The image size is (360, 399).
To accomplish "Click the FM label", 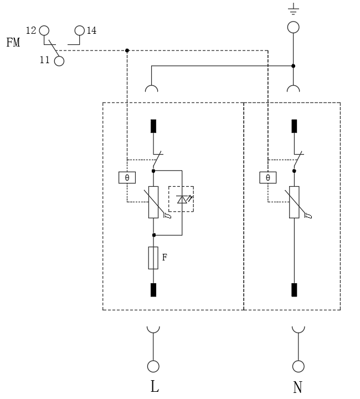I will tap(13, 43).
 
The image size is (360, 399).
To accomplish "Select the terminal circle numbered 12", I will tap(44, 30).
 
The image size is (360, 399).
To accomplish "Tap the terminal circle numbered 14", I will tap(80, 30).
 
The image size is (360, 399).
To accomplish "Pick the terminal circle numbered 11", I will tap(59, 61).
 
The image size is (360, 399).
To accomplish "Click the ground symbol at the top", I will tap(294, 8).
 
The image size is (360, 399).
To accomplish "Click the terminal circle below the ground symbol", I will tap(294, 27).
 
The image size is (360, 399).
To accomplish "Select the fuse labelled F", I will tap(153, 258).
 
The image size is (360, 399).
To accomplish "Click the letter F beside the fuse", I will tap(164, 257).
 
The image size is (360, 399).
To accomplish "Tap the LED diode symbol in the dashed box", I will tap(182, 199).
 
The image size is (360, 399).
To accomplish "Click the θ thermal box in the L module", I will tap(127, 177).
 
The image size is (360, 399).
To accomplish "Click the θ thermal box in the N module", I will tap(268, 177).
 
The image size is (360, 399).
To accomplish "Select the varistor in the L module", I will tap(153, 202).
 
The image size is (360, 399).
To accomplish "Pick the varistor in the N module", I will tap(294, 202).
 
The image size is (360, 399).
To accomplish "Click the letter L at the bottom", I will tap(155, 386).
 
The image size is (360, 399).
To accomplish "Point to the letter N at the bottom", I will tap(297, 387).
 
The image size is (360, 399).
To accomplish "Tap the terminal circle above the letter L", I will tap(153, 366).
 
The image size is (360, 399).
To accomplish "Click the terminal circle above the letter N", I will tap(298, 366).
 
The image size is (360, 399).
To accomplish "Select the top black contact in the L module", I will tap(153, 126).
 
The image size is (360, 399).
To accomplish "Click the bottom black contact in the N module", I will tap(294, 289).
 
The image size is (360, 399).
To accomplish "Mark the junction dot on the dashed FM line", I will tap(127, 50).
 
